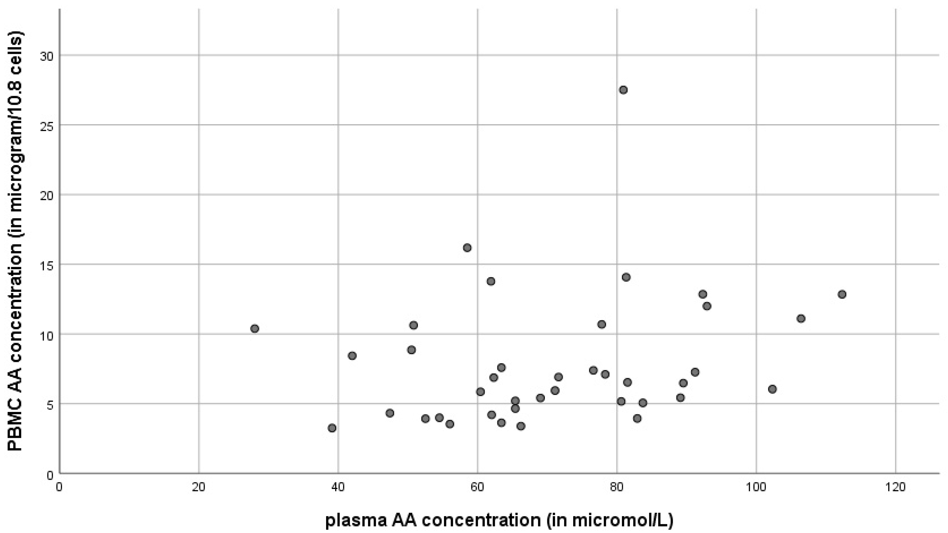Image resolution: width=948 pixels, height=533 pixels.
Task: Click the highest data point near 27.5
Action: click(623, 90)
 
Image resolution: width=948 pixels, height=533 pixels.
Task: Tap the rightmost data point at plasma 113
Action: click(842, 294)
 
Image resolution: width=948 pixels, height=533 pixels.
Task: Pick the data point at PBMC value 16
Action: click(467, 247)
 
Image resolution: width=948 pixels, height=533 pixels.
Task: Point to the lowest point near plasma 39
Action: click(332, 428)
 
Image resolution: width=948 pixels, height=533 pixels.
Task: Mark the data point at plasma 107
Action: click(801, 319)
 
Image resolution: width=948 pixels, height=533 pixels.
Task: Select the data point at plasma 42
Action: click(352, 356)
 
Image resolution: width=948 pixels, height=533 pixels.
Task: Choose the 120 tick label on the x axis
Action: click(895, 487)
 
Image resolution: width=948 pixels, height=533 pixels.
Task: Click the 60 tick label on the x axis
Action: click(477, 487)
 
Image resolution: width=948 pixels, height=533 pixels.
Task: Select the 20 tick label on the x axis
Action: click(198, 487)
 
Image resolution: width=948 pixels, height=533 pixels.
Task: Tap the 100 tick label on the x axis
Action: click(756, 487)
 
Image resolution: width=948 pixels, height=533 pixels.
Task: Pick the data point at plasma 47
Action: click(390, 413)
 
